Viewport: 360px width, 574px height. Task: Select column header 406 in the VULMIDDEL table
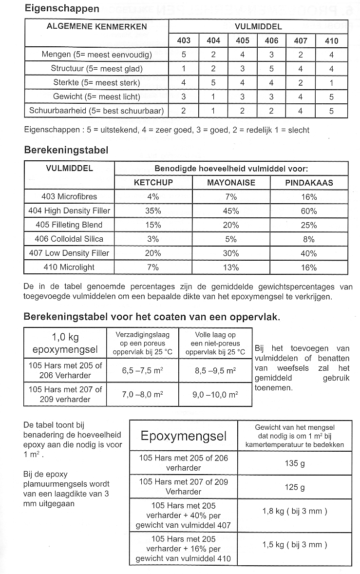point(271,41)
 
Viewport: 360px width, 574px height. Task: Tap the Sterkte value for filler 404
point(213,83)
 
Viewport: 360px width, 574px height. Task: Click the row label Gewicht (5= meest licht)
point(96,97)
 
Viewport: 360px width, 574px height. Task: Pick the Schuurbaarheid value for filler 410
point(331,111)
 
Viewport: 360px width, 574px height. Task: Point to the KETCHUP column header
point(153,183)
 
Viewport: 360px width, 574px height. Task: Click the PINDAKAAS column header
point(308,183)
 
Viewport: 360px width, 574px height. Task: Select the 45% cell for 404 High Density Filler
point(231,211)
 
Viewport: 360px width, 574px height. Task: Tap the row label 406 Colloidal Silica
point(69,239)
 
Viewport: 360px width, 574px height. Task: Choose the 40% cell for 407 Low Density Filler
point(308,253)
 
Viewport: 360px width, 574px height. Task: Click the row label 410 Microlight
point(69,267)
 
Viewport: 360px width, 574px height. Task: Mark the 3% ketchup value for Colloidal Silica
point(153,239)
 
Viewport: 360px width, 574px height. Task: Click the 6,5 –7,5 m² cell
point(142,370)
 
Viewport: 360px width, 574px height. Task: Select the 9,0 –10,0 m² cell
point(216,394)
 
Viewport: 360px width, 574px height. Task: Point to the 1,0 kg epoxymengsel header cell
point(65,343)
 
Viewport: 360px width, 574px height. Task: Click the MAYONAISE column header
point(231,183)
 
